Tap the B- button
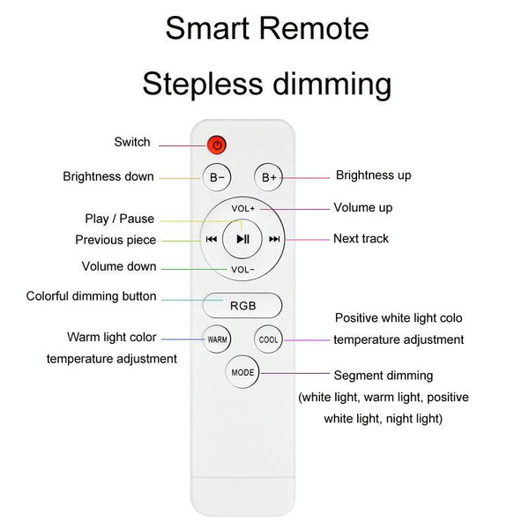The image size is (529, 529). click(x=217, y=177)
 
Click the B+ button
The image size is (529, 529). click(x=269, y=177)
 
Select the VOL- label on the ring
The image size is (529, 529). click(x=242, y=270)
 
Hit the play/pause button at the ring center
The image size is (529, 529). click(x=242, y=239)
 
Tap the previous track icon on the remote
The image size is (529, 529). click(x=212, y=239)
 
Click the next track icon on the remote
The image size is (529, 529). click(x=274, y=239)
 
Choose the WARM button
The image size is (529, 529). click(x=217, y=339)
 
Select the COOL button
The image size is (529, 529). click(x=269, y=339)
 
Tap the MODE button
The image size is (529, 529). click(x=242, y=372)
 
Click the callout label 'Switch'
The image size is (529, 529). click(x=132, y=142)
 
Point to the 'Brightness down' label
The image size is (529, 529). click(x=108, y=176)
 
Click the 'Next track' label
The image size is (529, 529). click(x=361, y=239)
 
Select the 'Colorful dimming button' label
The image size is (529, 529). click(x=92, y=296)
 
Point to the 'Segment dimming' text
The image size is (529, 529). click(x=384, y=376)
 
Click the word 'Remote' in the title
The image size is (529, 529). click(x=314, y=28)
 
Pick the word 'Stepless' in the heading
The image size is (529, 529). click(x=203, y=85)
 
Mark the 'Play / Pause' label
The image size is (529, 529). click(x=120, y=219)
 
